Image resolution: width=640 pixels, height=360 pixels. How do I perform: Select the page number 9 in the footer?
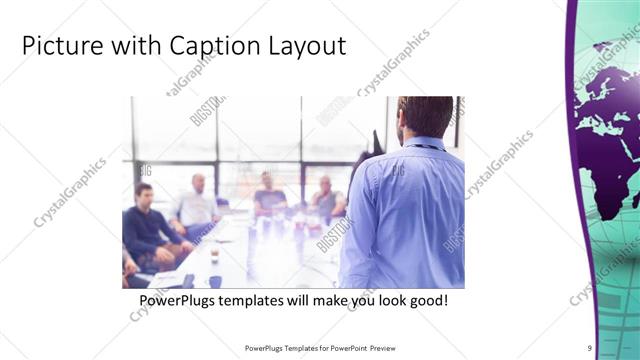[590, 347]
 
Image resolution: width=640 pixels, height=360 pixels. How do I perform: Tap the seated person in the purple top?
[268, 195]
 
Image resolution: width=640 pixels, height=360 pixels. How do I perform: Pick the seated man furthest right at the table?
[326, 197]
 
